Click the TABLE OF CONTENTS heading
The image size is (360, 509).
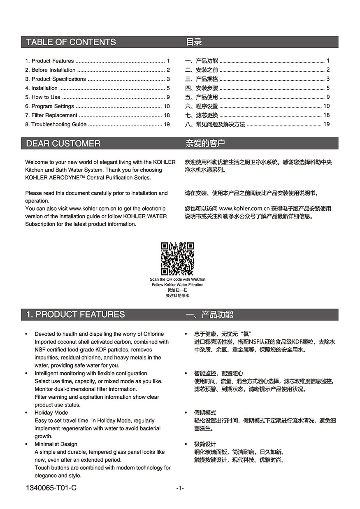[71, 42]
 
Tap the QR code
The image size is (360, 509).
[177, 259]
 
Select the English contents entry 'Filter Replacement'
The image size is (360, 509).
[54, 115]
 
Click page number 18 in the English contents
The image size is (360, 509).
[167, 115]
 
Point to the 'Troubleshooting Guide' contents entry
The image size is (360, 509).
[59, 124]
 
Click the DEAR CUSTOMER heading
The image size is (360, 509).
[63, 144]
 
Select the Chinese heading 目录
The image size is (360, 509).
[194, 42]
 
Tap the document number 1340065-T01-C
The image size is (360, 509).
[51, 488]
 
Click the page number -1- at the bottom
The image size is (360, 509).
[180, 488]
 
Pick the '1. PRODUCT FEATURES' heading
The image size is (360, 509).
[75, 314]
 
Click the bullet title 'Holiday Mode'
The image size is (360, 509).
[51, 412]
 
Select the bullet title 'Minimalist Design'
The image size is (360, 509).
[56, 444]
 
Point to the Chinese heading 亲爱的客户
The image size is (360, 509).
[205, 144]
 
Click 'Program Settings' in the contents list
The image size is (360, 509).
[53, 106]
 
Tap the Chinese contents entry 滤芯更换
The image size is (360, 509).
[207, 115]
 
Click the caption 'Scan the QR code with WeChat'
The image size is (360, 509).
[177, 279]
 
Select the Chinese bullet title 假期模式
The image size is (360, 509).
[205, 412]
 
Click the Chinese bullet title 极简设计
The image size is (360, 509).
[205, 444]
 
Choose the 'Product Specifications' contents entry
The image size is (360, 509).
[58, 79]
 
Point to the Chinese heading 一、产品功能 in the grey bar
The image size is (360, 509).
[209, 315]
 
